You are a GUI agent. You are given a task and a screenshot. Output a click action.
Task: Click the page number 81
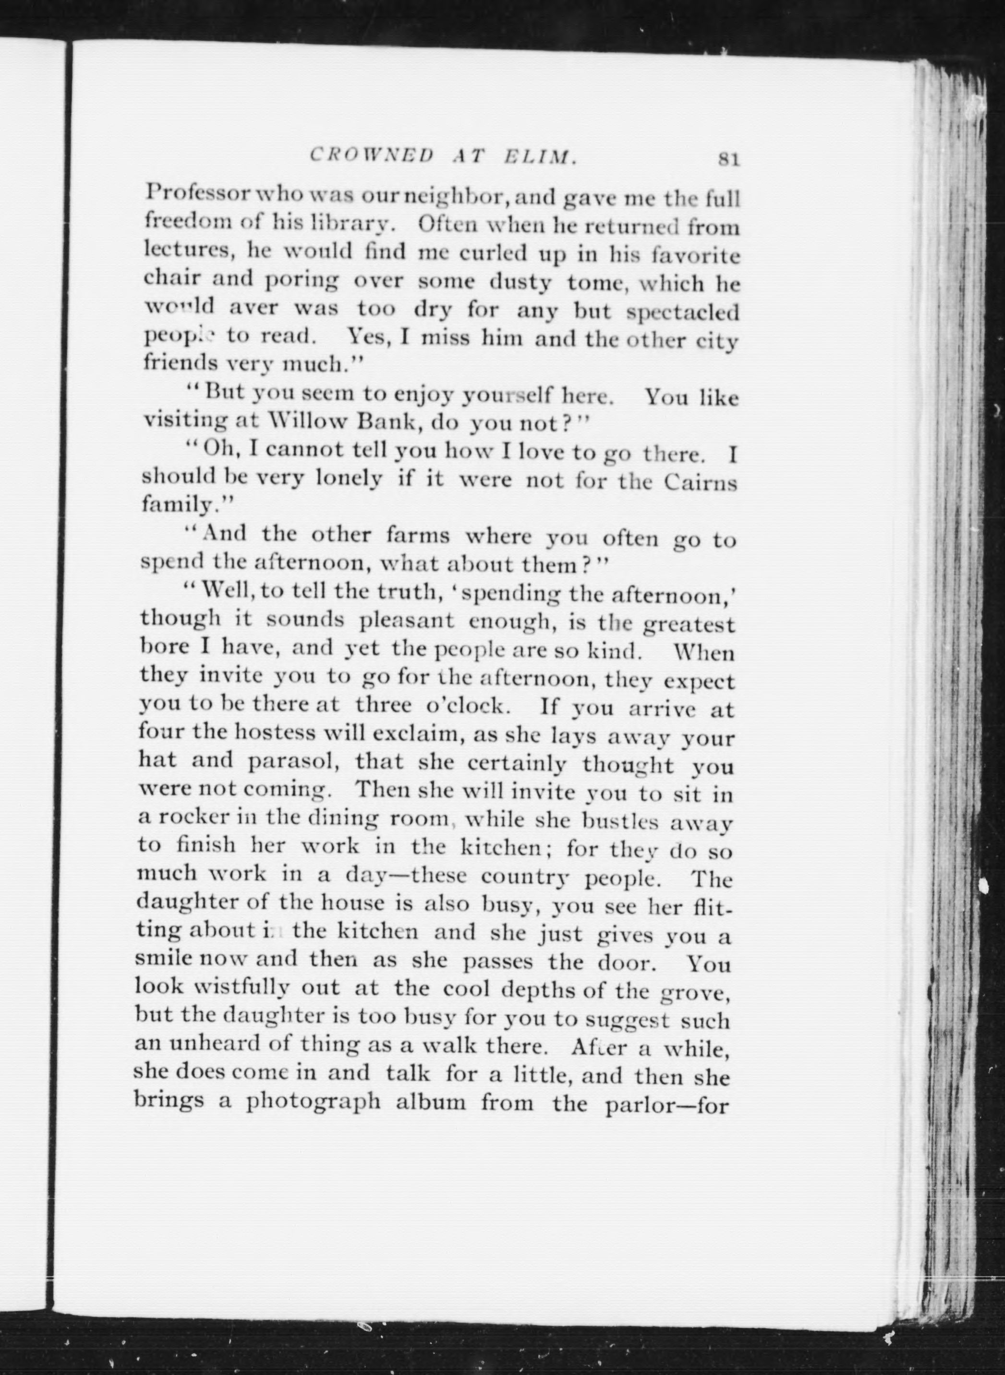[728, 159]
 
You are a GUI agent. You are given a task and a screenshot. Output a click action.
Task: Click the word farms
[418, 535]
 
